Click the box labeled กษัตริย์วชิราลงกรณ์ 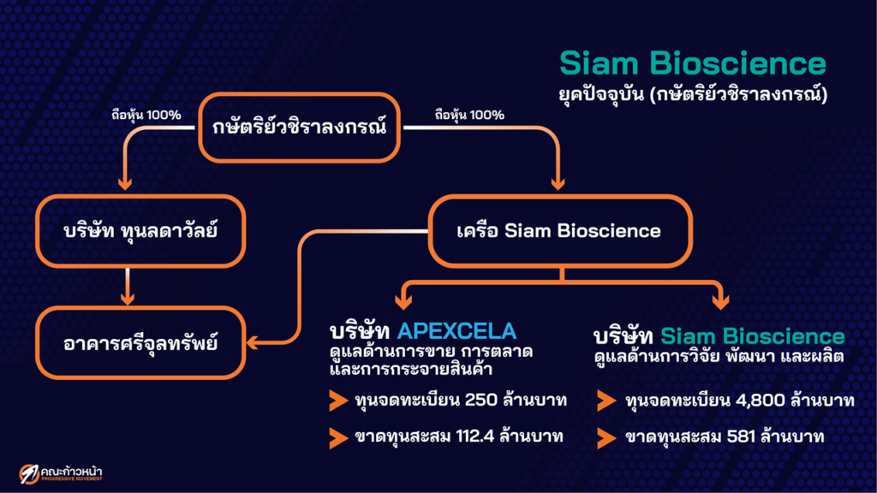coord(300,128)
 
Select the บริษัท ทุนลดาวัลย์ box coord(129,230)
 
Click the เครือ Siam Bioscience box coord(558,230)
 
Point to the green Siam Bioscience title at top coord(692,64)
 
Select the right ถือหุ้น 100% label coord(469,114)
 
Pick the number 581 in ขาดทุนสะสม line coord(734,437)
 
